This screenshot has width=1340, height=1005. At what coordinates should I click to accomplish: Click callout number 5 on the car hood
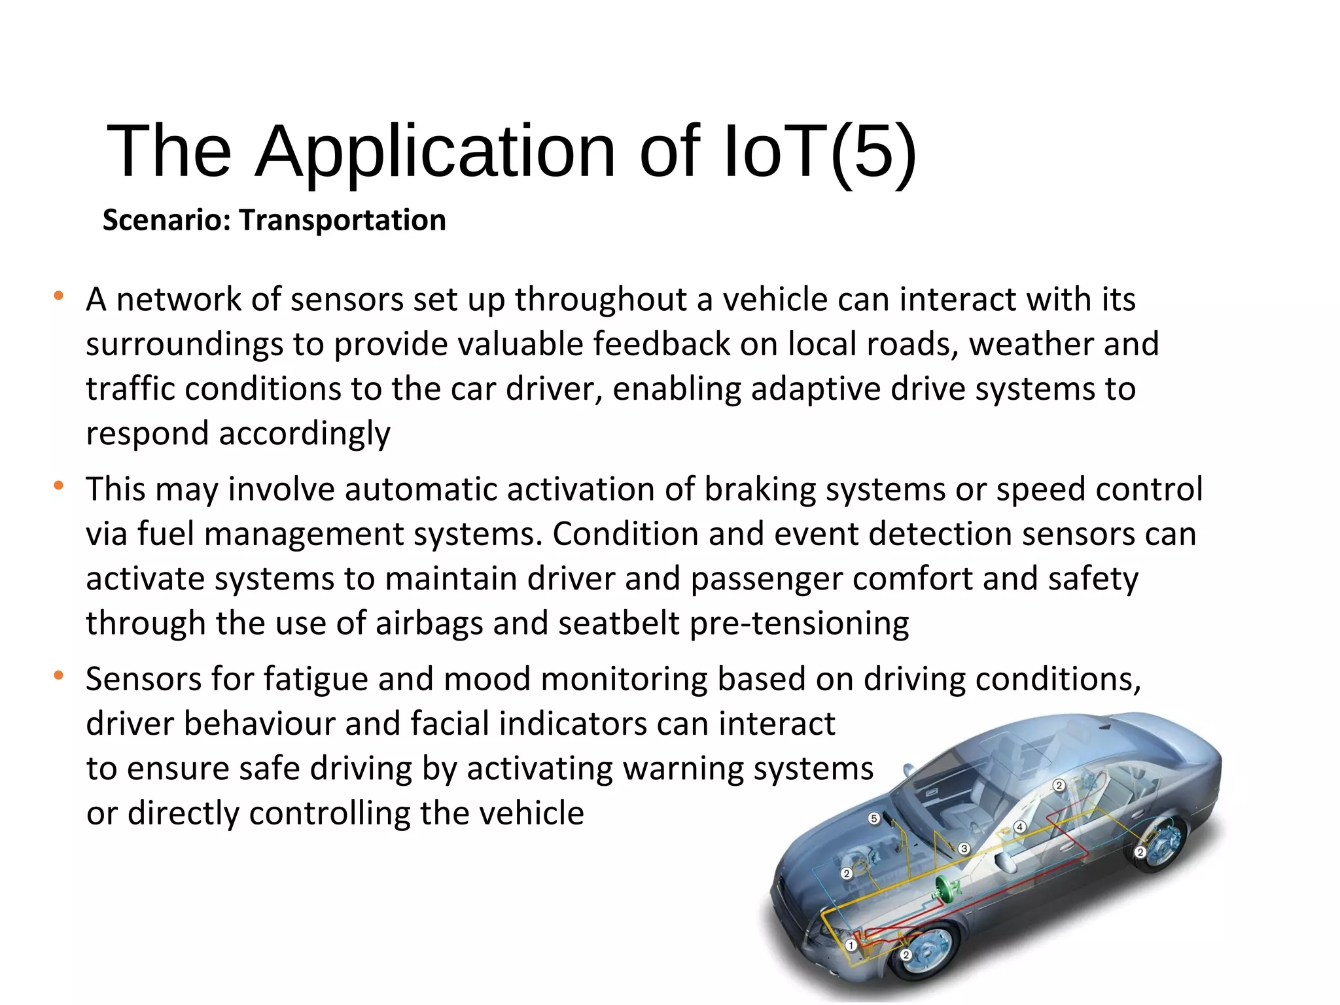tap(873, 819)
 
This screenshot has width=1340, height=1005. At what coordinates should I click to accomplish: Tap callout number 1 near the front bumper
tap(851, 945)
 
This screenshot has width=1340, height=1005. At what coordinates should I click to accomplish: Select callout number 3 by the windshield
tap(964, 849)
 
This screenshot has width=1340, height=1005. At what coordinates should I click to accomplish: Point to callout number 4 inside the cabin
tap(1019, 827)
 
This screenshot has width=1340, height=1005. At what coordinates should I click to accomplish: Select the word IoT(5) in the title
tap(820, 152)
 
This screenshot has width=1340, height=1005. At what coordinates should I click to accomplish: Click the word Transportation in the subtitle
tap(342, 220)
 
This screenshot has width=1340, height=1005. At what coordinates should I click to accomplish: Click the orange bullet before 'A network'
tap(59, 296)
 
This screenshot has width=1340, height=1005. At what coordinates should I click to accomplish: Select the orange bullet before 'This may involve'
tap(59, 485)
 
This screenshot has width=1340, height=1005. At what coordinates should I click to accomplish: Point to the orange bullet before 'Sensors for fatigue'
tap(59, 675)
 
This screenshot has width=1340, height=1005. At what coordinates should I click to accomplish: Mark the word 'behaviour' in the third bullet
tap(259, 724)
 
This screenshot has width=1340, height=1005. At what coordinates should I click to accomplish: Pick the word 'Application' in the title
tap(435, 152)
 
